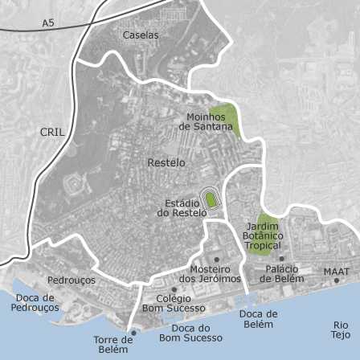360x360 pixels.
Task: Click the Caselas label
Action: pos(141,35)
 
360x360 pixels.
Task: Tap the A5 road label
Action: pos(49,24)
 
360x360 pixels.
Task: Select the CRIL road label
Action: pos(52,132)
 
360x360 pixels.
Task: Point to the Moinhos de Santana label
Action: pos(210,122)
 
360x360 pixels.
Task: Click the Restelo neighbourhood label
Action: pos(166,162)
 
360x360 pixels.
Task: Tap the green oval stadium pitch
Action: pos(211,199)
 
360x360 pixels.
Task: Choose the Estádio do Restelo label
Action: pos(181,208)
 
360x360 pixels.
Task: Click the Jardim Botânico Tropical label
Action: pos(263,235)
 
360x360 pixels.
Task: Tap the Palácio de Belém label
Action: pos(281,274)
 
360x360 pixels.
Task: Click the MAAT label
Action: pos(336,272)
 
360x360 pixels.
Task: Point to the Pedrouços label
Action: pos(71,280)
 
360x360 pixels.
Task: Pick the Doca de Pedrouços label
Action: pos(35,302)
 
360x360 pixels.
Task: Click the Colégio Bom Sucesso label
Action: pos(174,303)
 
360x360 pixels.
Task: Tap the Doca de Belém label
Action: pos(258,319)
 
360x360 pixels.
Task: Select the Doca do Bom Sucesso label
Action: pos(190,333)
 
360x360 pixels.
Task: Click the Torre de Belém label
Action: pos(112,345)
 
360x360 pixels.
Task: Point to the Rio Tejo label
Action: pos(340,329)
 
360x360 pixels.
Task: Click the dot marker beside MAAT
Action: pos(337,280)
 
